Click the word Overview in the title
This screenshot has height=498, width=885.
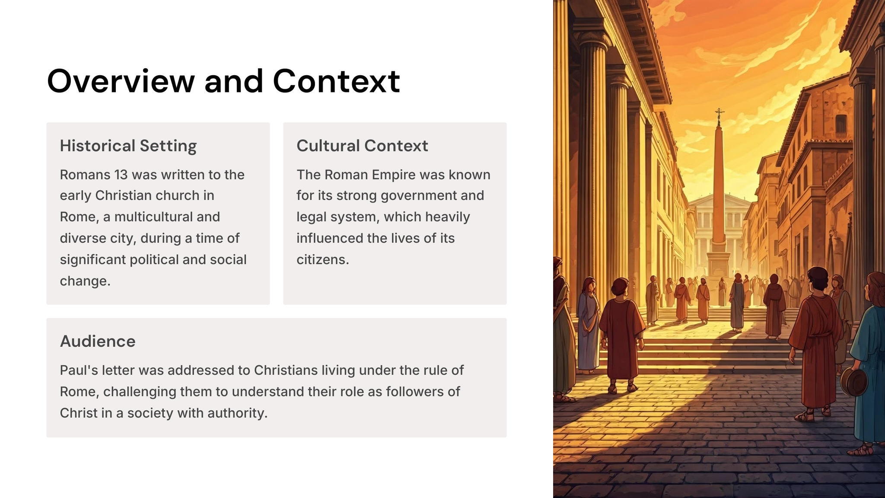121,81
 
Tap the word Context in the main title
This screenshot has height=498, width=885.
336,81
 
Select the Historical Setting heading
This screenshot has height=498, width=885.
128,146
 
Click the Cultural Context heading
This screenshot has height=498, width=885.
362,146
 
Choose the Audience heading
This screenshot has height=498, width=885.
98,341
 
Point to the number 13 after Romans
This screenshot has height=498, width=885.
121,175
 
